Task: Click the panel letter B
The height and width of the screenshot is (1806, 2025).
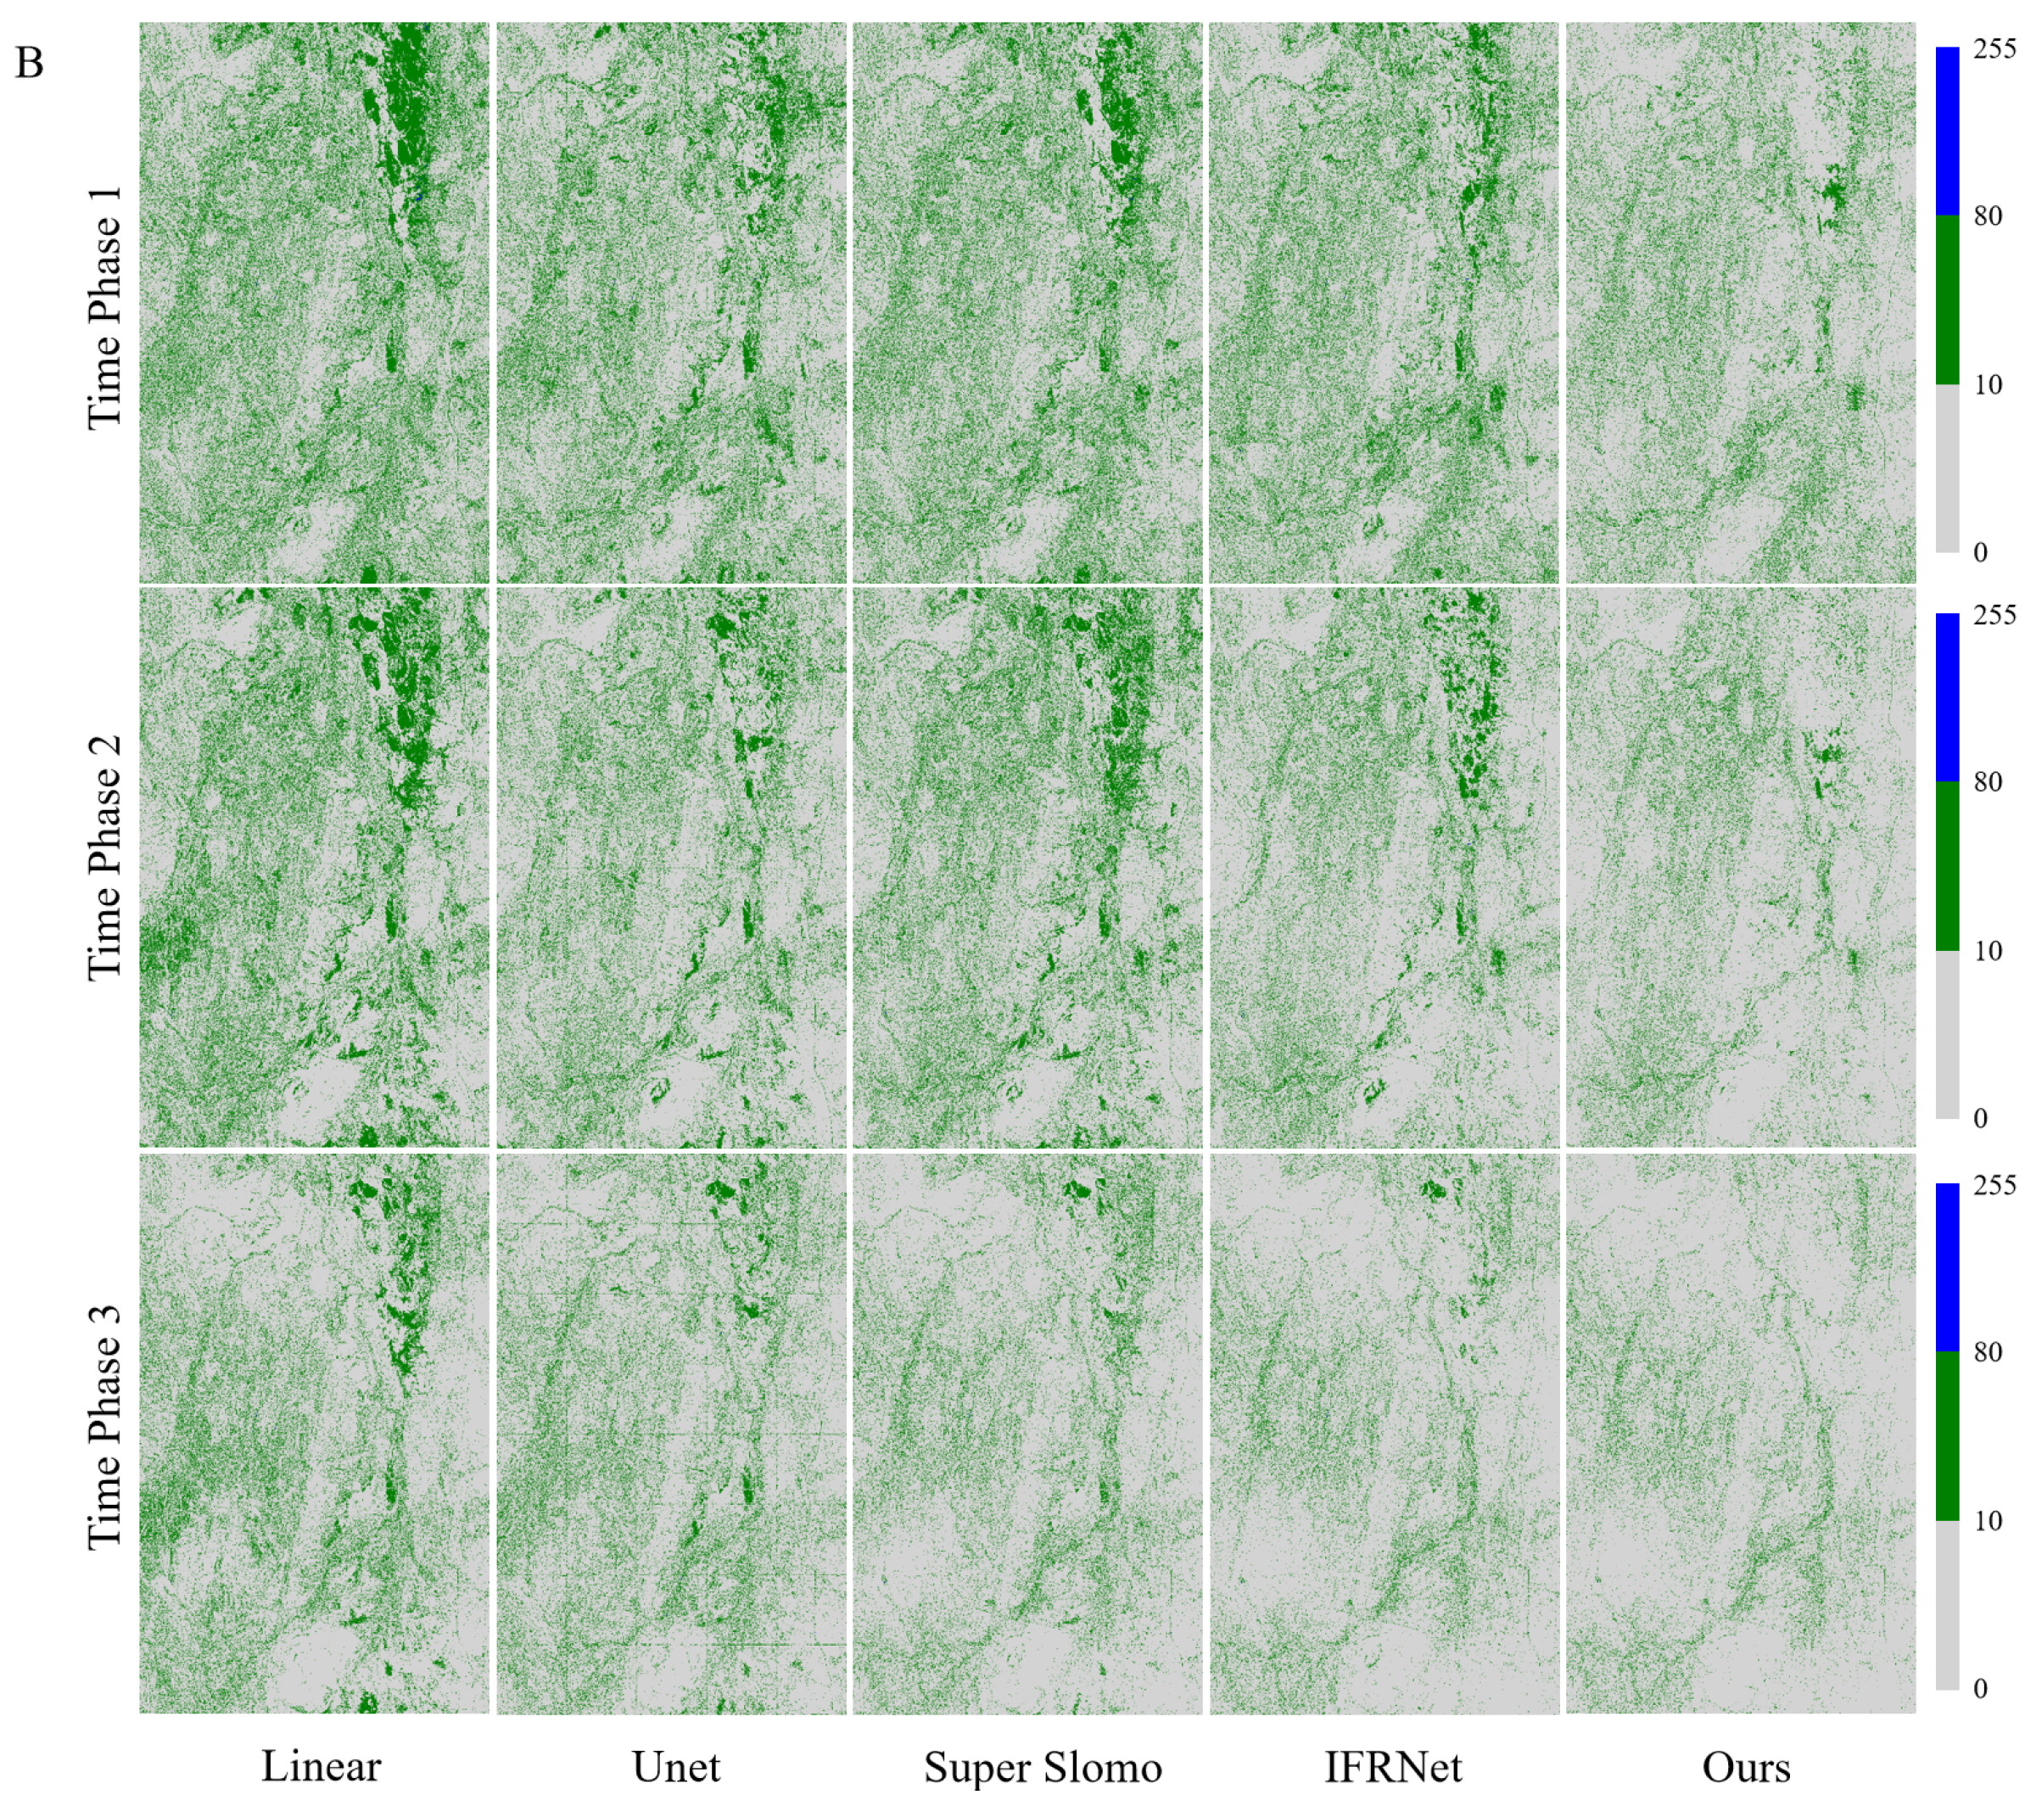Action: pyautogui.click(x=29, y=64)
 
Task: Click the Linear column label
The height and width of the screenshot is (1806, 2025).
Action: pyautogui.click(x=321, y=1766)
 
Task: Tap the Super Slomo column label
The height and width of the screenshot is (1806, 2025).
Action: pyautogui.click(x=1043, y=1766)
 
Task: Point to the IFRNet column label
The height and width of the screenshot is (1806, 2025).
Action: pyautogui.click(x=1393, y=1766)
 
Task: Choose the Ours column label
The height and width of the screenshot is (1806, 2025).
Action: pyautogui.click(x=1746, y=1766)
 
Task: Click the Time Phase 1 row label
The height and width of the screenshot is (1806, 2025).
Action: pyautogui.click(x=105, y=308)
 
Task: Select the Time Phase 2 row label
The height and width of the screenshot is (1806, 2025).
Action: pyautogui.click(x=105, y=858)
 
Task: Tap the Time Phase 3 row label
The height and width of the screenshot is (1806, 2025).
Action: pyautogui.click(x=105, y=1429)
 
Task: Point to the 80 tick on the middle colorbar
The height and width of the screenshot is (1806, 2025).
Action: pyautogui.click(x=1988, y=782)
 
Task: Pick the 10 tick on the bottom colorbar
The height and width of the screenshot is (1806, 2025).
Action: pyautogui.click(x=1988, y=1520)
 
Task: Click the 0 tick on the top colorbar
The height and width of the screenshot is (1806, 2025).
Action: pyautogui.click(x=1980, y=553)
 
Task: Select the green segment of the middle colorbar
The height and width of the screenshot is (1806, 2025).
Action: pyautogui.click(x=1947, y=866)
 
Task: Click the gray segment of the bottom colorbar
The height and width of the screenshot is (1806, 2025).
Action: pyautogui.click(x=1947, y=1606)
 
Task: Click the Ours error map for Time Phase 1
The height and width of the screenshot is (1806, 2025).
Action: pyautogui.click(x=1740, y=303)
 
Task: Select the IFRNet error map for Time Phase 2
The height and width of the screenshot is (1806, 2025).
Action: pyautogui.click(x=1384, y=867)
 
